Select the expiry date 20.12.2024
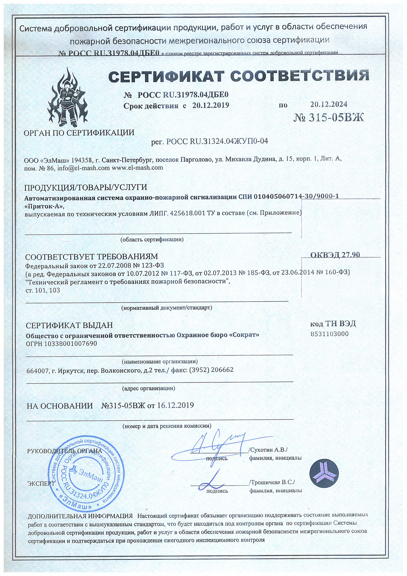tap(328, 104)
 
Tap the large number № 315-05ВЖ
tap(328, 117)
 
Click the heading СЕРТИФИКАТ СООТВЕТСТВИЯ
tap(238, 75)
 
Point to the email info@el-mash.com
tap(83, 168)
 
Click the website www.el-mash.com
tap(137, 168)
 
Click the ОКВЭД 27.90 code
tap(335, 255)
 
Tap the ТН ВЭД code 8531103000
tap(329, 334)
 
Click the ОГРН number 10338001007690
tap(70, 343)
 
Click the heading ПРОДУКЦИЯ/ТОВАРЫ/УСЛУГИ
tap(85, 187)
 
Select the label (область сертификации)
tap(152, 239)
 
